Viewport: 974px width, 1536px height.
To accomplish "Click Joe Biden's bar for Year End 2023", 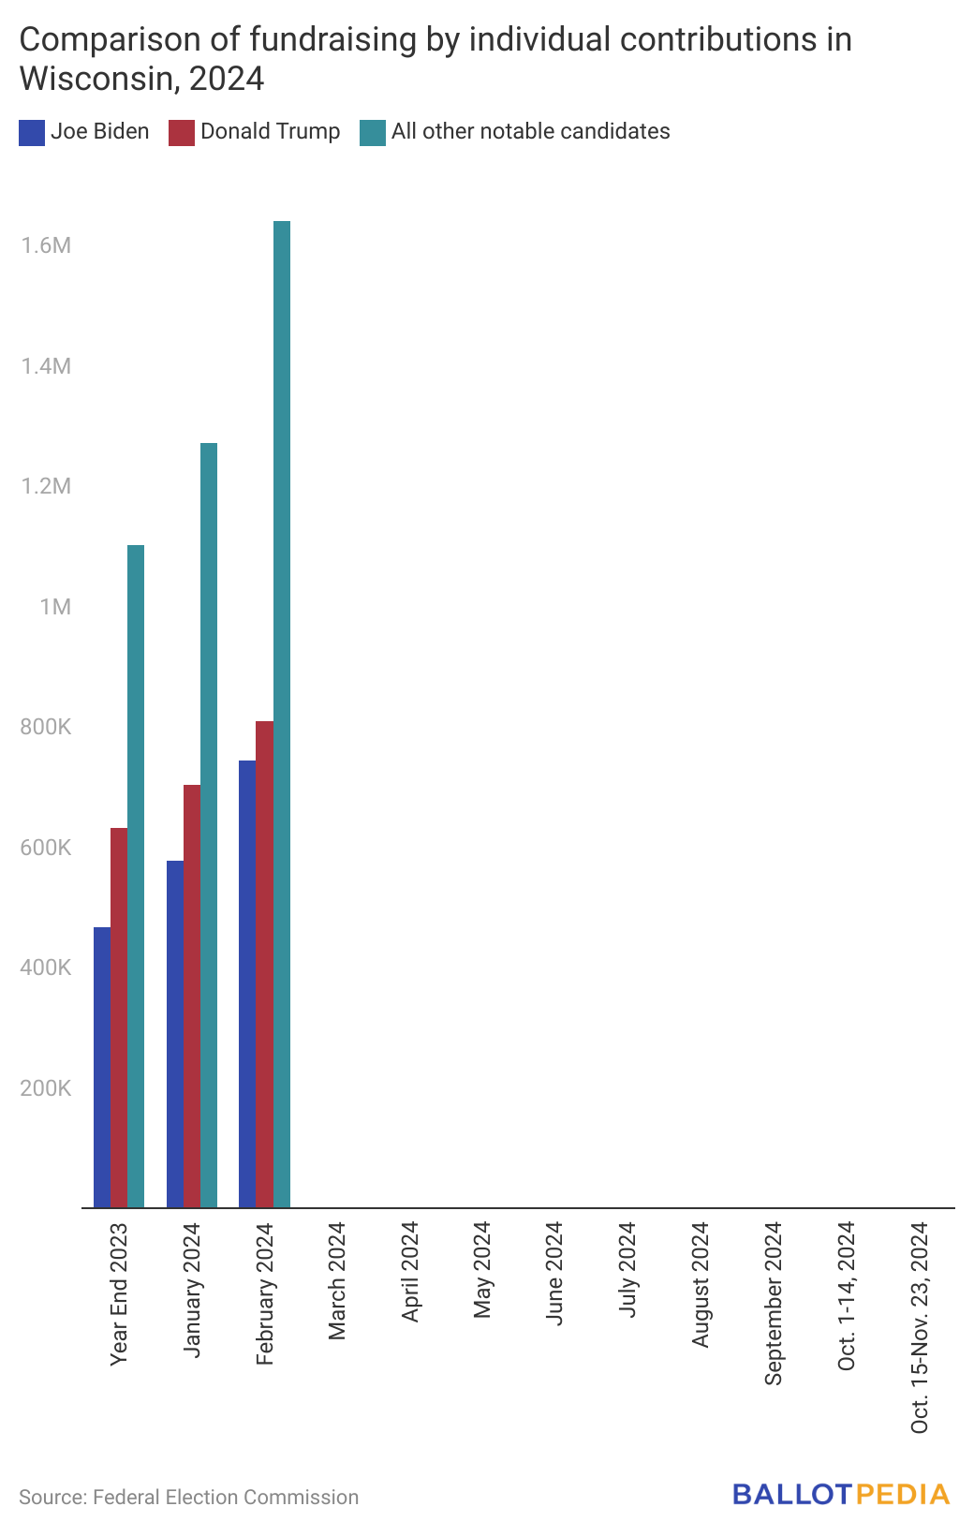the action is click(x=102, y=1067).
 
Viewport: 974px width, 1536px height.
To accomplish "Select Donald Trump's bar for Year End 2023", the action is click(x=119, y=1017).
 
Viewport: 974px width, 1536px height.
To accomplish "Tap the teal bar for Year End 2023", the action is click(x=136, y=877).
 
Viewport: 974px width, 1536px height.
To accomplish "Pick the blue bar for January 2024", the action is click(x=175, y=1034).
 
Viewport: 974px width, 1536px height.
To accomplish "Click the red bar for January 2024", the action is click(x=192, y=996).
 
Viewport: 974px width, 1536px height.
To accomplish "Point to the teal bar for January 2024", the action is click(x=209, y=825).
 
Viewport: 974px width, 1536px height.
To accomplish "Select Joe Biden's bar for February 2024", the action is click(x=247, y=984).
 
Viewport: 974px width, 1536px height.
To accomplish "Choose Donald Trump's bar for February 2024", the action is click(x=265, y=964).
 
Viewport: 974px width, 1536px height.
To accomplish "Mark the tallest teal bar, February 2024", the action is click(x=282, y=714).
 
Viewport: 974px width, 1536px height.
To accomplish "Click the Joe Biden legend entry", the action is click(x=83, y=132).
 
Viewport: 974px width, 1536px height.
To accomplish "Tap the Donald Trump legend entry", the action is click(x=255, y=132).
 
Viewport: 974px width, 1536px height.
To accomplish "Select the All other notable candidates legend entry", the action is click(x=514, y=132).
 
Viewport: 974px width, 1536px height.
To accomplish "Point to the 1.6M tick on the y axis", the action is click(x=46, y=245).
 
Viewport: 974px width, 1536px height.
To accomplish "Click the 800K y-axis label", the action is click(x=46, y=727).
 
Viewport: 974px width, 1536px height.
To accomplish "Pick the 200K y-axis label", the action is click(x=46, y=1088).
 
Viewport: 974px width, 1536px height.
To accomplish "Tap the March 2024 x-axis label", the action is click(x=337, y=1280).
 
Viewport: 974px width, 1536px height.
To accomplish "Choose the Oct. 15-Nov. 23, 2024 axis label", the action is click(x=919, y=1327).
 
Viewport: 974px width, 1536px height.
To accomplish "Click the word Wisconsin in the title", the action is click(x=96, y=79).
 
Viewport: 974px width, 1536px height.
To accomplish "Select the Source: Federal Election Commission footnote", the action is click(x=188, y=1497).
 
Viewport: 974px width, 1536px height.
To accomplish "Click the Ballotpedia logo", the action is click(x=842, y=1494).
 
